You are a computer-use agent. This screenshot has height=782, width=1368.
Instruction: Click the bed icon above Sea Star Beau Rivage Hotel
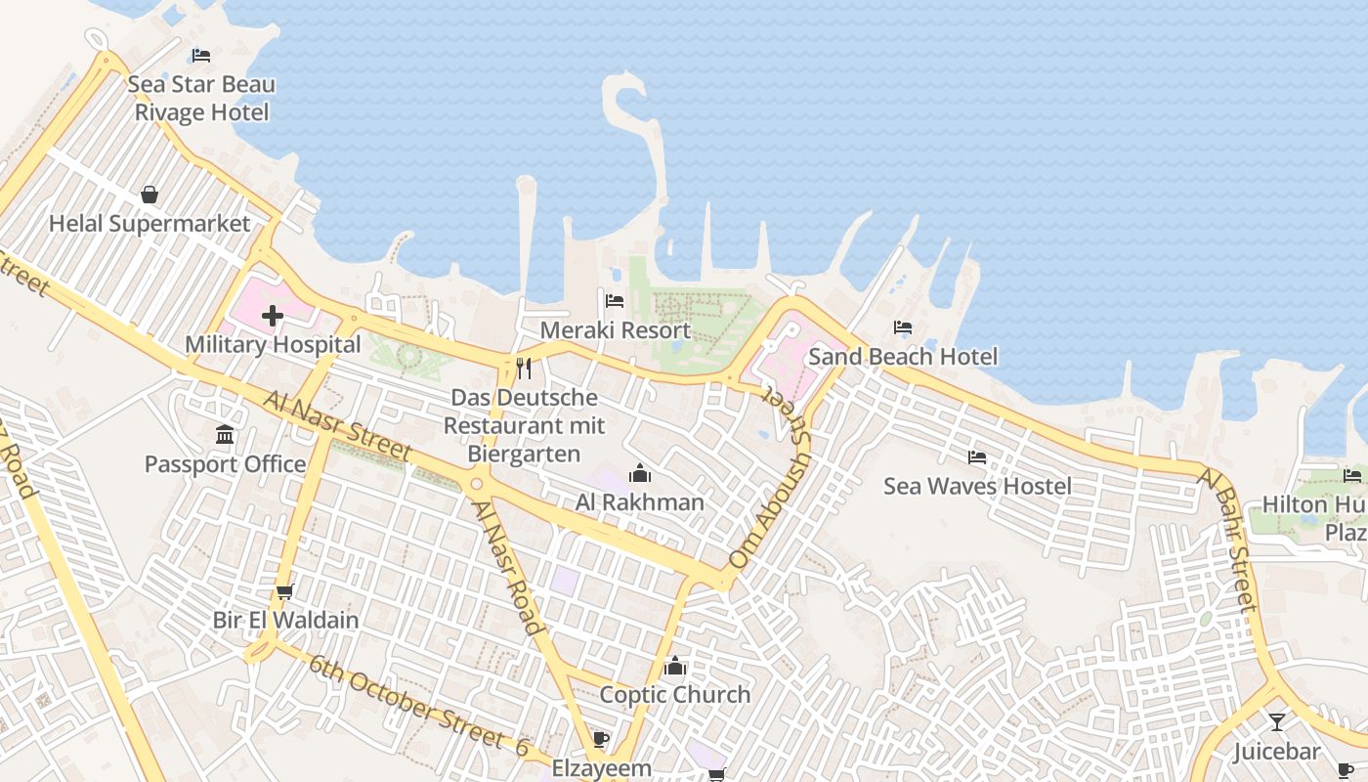pos(201,55)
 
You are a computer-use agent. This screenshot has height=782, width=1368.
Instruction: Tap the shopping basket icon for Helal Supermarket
pos(150,195)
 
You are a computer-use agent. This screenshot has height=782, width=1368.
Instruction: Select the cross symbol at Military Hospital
pos(273,316)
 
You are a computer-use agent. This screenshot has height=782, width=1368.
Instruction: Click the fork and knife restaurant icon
pos(524,369)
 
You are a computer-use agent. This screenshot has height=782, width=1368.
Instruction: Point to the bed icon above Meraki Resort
pos(615,301)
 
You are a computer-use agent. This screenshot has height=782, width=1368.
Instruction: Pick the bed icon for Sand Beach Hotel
pos(903,327)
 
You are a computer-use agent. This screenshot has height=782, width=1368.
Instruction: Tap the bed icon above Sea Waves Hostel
pos(977,456)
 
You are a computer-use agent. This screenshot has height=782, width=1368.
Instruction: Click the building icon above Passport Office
pos(225,434)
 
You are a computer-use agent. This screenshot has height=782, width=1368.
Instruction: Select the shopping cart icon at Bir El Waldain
pos(285,591)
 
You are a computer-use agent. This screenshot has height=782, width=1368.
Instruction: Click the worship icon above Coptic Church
pos(674,667)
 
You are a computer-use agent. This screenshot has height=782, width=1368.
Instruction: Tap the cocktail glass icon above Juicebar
pos(1276,722)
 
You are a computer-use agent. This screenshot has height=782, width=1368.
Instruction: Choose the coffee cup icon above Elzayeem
pos(601,739)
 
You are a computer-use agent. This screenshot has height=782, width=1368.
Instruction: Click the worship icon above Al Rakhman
pos(640,474)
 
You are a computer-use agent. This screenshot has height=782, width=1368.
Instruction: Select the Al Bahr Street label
pos(1227,540)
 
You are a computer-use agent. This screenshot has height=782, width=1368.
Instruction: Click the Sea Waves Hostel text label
pos(977,486)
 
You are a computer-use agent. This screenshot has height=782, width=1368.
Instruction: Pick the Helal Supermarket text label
pos(150,224)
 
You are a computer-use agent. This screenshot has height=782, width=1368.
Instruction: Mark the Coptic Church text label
pos(674,695)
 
